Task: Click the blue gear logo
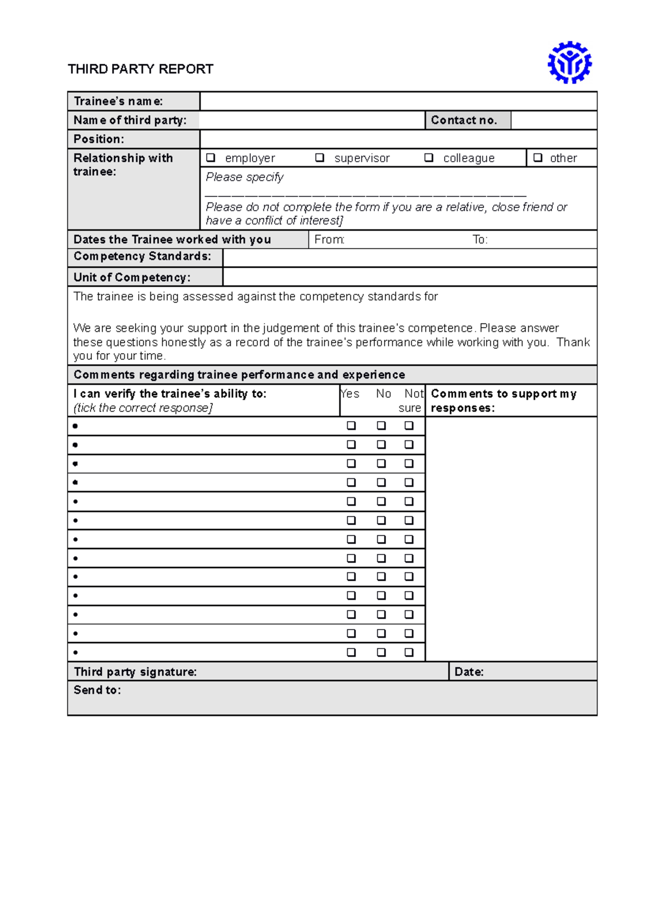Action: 569,63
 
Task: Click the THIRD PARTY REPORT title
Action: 140,69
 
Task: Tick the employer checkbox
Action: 211,158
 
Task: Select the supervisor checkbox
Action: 320,158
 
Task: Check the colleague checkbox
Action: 429,158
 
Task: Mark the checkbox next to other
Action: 538,158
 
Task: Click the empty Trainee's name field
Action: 398,101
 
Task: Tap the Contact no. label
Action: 464,120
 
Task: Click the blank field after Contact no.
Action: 553,120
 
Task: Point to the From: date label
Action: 329,239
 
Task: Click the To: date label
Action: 480,239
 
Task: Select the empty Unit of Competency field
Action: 409,277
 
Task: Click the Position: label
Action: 98,139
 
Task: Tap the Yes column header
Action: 350,393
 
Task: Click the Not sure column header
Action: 412,401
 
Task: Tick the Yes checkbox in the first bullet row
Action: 352,426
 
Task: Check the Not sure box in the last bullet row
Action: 409,652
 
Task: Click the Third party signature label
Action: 135,672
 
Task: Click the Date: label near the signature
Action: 469,672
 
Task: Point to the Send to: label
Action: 97,690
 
